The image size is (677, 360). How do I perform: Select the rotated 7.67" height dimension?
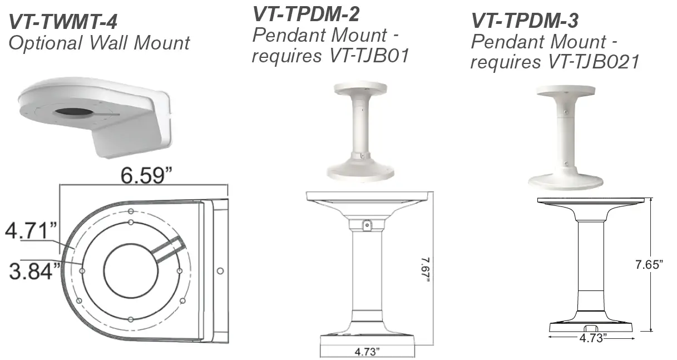point(426,269)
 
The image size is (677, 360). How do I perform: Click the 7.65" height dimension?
point(649,265)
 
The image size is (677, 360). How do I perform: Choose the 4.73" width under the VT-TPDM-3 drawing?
point(592,338)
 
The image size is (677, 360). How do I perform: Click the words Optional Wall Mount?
point(99,43)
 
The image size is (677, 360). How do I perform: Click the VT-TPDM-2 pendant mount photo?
point(360,131)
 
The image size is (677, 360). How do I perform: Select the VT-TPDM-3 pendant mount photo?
point(565,139)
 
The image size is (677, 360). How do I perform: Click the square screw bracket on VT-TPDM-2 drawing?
point(367,224)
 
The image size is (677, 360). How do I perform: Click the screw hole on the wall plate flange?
point(220,270)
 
